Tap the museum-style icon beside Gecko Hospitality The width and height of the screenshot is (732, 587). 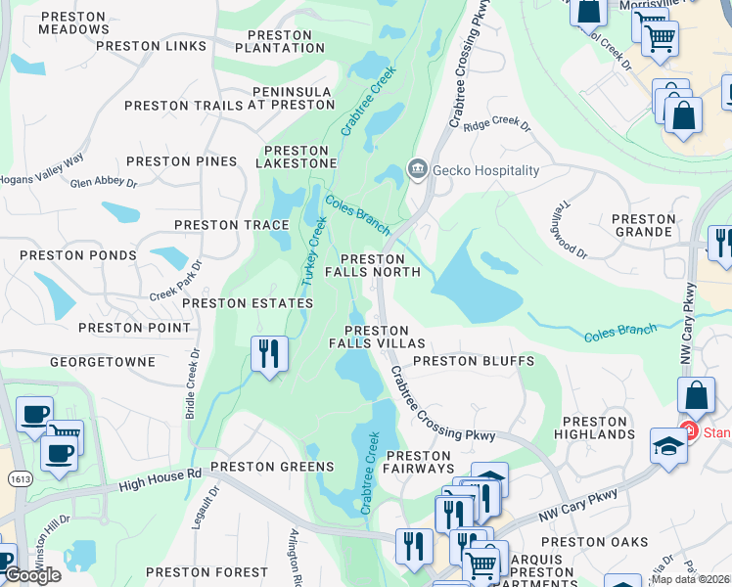coord(418,170)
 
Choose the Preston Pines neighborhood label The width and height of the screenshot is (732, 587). coord(181,161)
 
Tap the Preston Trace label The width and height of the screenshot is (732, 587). coord(231,225)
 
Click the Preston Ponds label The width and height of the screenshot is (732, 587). coord(79,255)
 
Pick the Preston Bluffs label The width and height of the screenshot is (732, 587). coord(474,361)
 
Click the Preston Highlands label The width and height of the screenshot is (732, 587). coord(594,427)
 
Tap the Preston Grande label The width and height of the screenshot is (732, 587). coord(644,226)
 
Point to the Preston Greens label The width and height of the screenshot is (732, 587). coord(260,467)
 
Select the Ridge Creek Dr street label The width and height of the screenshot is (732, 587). coord(497,126)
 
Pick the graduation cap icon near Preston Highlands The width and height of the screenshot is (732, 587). coord(668,445)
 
